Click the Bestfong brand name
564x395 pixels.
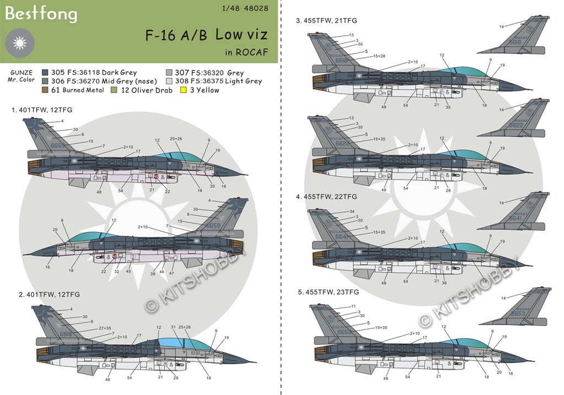coord(41,14)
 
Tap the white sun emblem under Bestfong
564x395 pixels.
coord(19,42)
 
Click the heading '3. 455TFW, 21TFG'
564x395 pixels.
coord(327,20)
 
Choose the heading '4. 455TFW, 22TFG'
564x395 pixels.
coord(327,196)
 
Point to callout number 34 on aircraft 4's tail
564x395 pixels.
coord(351,212)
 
